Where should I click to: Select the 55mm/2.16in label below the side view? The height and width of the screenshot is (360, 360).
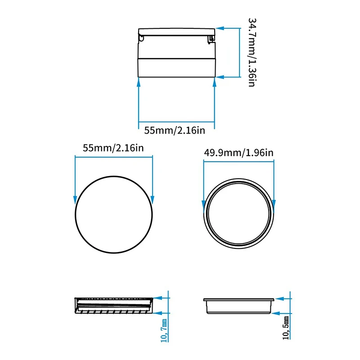pos(175,130)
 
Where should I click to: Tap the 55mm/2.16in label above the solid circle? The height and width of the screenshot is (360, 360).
pos(113,148)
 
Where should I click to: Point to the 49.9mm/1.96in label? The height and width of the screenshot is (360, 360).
pos(238,153)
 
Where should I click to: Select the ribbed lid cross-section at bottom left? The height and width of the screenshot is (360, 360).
pos(113,305)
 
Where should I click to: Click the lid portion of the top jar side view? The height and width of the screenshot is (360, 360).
pos(176,31)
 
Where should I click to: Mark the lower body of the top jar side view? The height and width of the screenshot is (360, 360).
pos(176,67)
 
